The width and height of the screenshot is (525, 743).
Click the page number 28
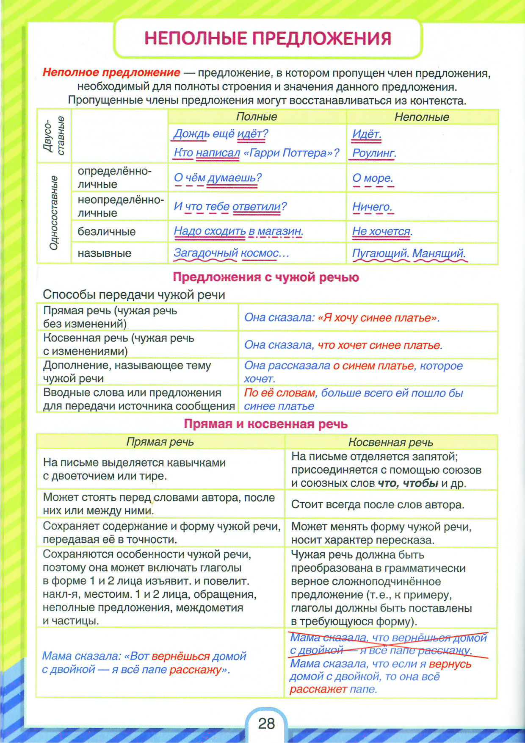[x=266, y=723]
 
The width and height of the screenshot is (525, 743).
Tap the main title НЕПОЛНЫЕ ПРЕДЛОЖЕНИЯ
[x=268, y=38]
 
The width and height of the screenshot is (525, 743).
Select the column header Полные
[x=257, y=116]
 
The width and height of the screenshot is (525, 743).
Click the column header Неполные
[x=422, y=117]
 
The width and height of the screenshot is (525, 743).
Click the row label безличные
[x=107, y=232]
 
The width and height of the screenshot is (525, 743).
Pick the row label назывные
[x=105, y=253]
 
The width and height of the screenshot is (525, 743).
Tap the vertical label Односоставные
[x=54, y=213]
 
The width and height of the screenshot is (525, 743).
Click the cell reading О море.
[x=373, y=178]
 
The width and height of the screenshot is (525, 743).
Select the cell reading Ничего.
[x=372, y=207]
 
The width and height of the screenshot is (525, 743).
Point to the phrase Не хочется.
[x=382, y=231]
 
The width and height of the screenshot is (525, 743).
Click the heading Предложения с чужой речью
[x=266, y=277]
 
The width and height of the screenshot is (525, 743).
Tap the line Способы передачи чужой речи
[x=134, y=294]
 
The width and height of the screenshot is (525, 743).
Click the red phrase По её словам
[x=280, y=393]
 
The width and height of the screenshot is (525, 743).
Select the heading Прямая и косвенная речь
[x=266, y=424]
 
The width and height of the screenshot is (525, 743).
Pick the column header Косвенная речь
[x=390, y=442]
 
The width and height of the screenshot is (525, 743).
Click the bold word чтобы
[x=420, y=483]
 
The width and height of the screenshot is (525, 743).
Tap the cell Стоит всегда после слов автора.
[x=378, y=505]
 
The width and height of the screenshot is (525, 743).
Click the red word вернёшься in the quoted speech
[x=181, y=656]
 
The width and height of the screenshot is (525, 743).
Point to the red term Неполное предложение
[x=111, y=72]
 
